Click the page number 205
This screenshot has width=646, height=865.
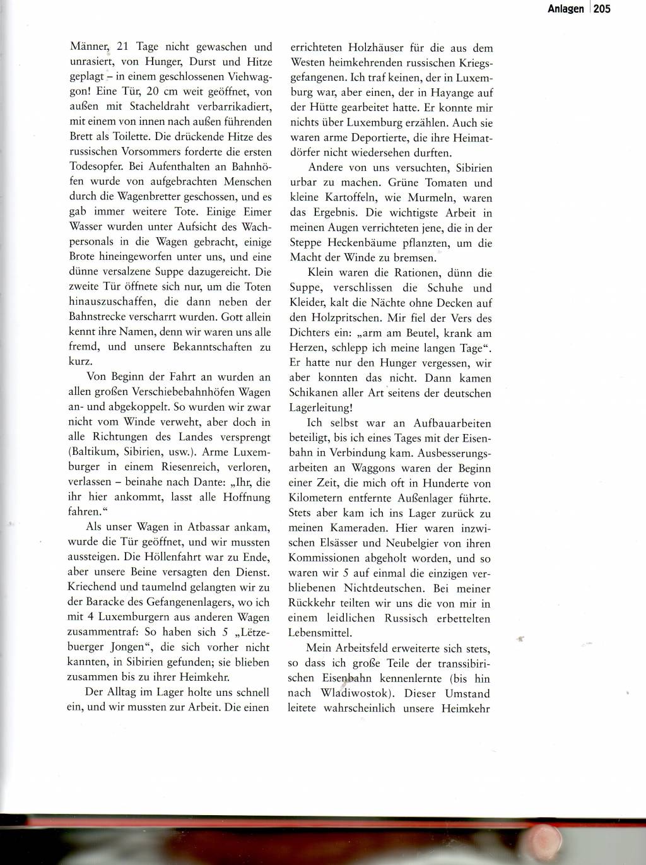click(602, 9)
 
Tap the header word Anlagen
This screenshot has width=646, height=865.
click(565, 9)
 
